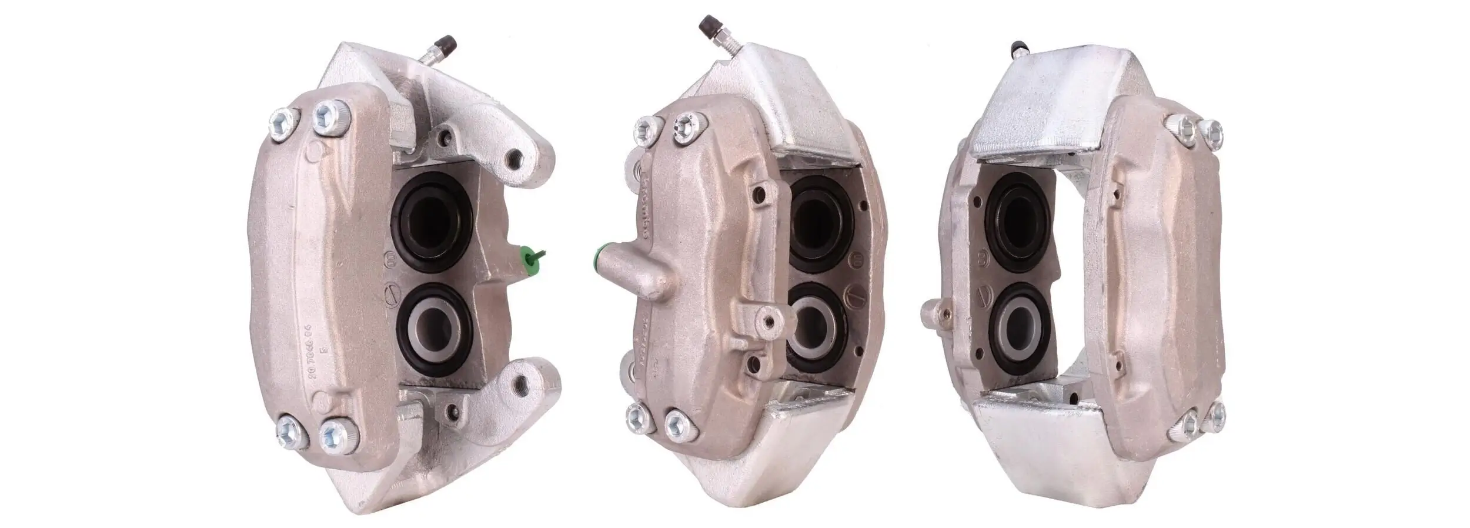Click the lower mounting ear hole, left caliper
[x=520, y=385]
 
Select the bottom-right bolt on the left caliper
[x=337, y=437]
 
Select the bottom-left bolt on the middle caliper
[x=636, y=417]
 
